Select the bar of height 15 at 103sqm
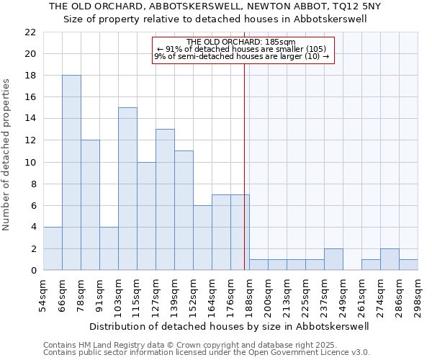(127, 189)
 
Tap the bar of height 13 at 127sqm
(165, 199)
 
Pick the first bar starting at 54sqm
(53, 248)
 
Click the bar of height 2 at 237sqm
(333, 259)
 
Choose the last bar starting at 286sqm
(408, 264)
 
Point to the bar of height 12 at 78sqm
(90, 205)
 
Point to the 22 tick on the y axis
(30, 32)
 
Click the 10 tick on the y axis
(30, 162)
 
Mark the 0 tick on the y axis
(33, 271)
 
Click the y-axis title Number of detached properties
(7, 156)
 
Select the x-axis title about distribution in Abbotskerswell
(230, 326)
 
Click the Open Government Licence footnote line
(207, 353)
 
